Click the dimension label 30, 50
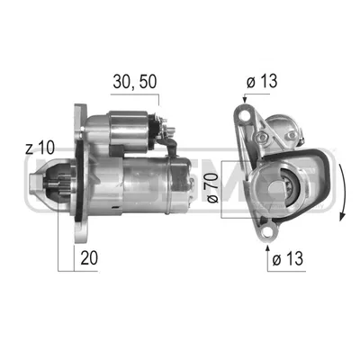135,82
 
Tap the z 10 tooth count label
40,148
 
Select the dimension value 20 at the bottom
89,257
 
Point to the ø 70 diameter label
212,188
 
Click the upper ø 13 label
262,81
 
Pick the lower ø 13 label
288,258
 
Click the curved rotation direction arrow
344,193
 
